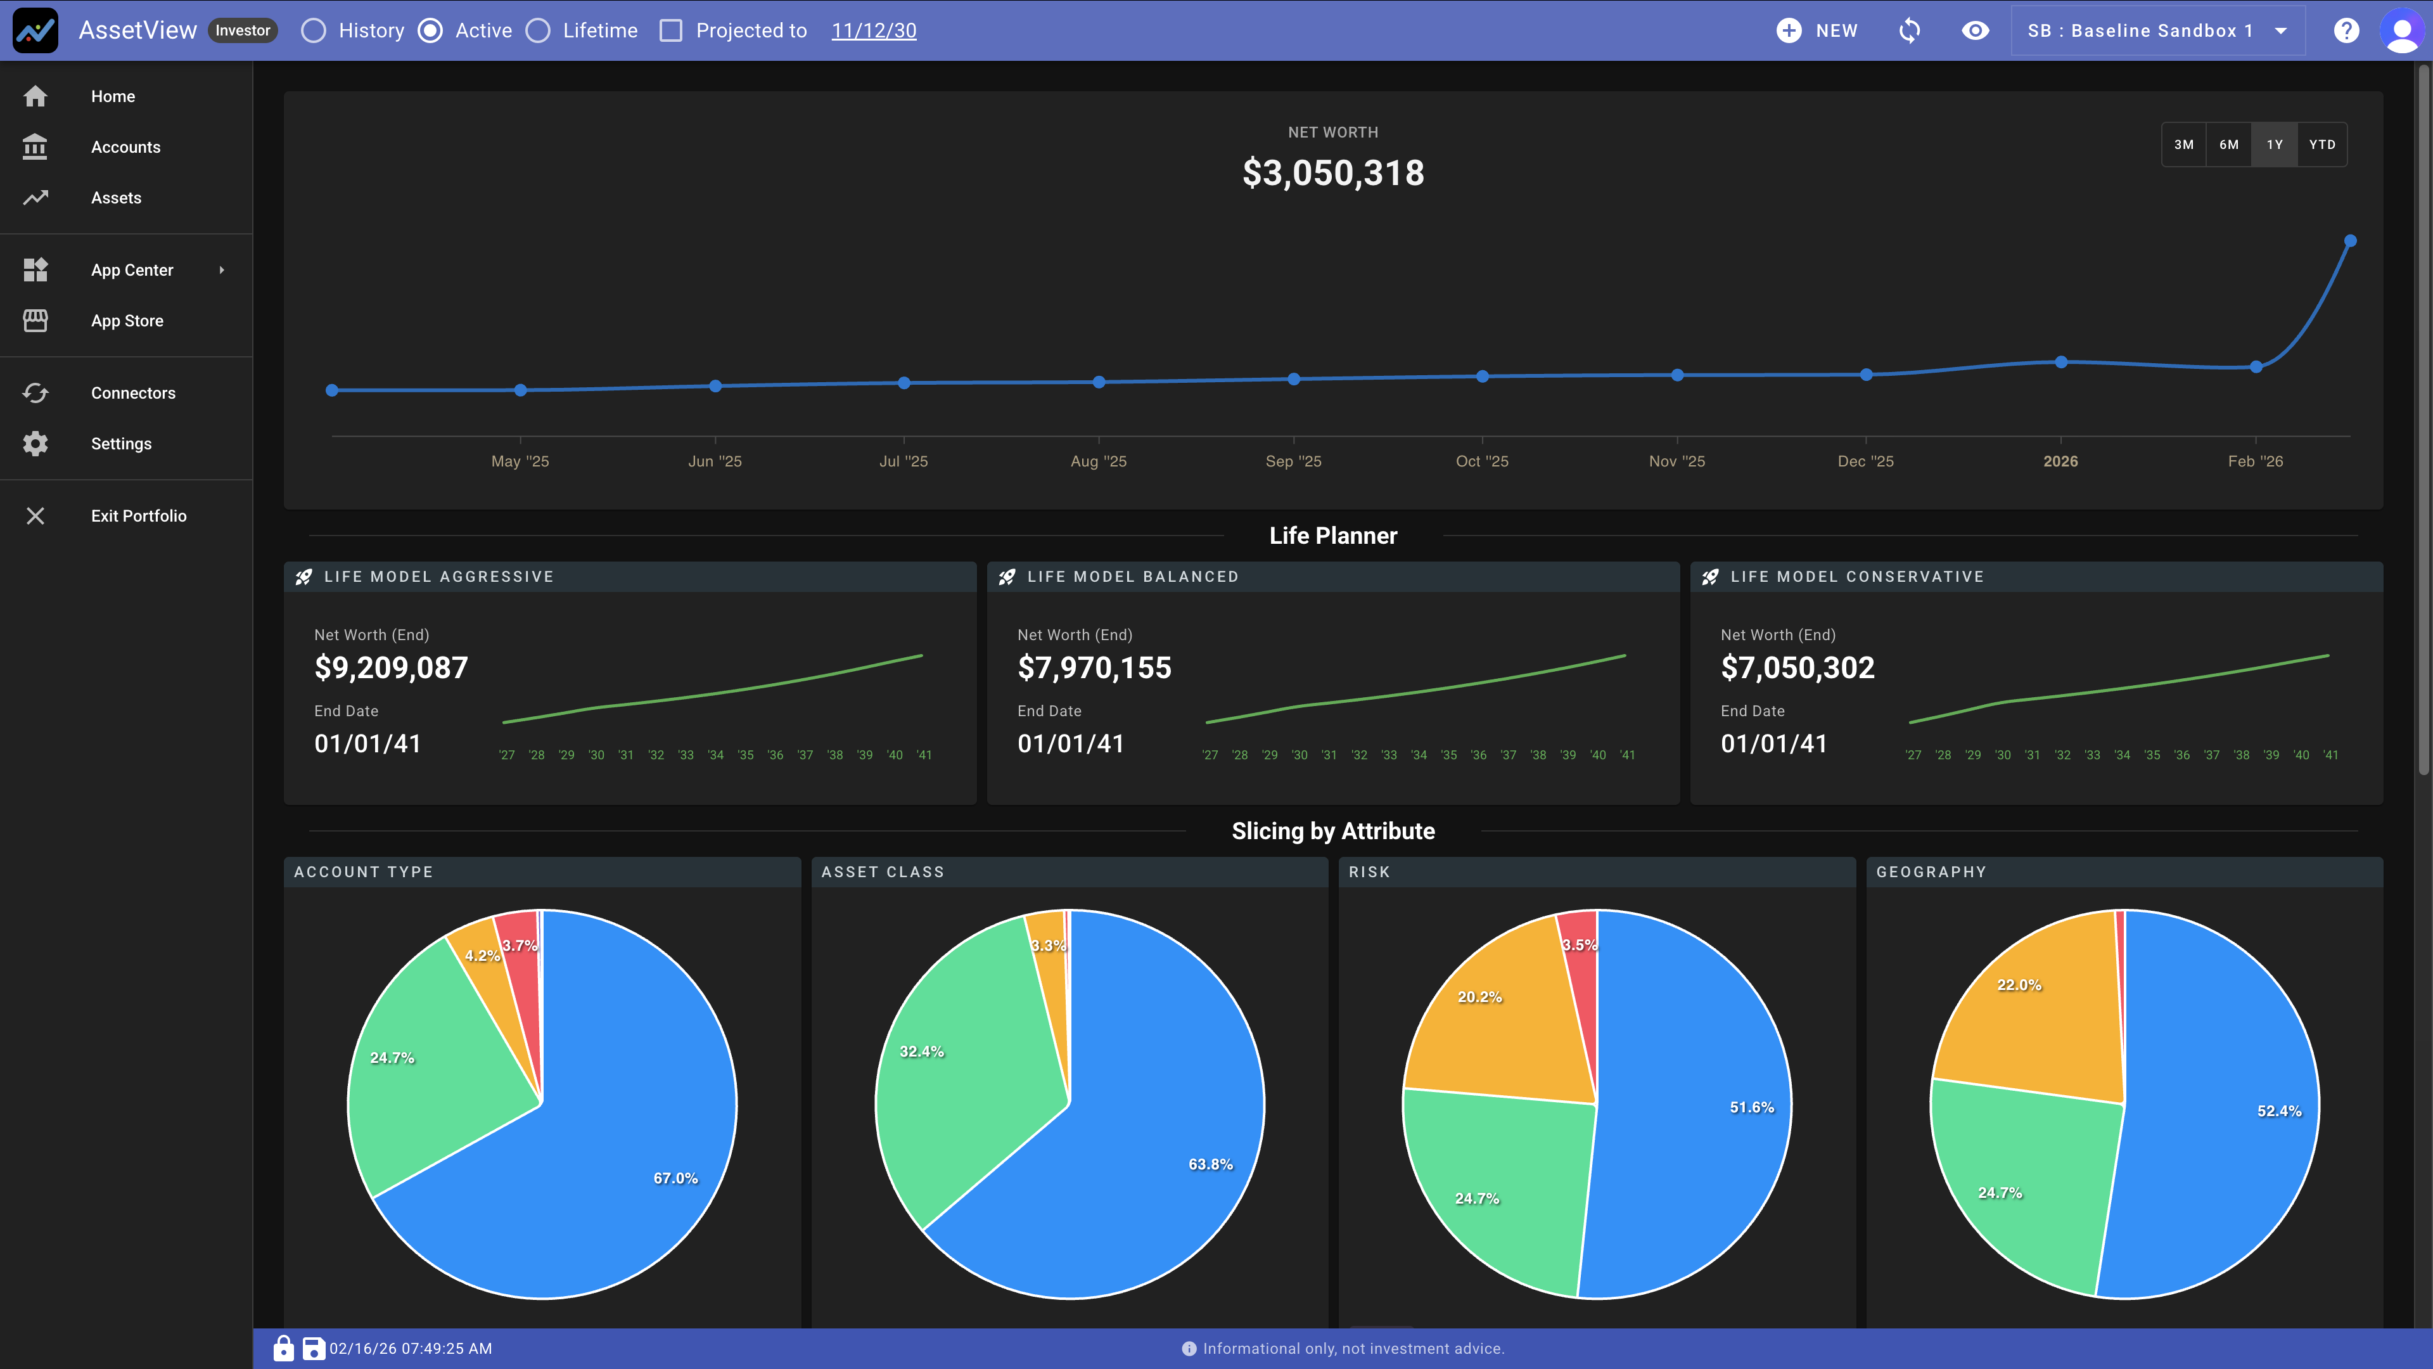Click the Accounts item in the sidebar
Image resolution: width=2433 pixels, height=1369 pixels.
(x=125, y=148)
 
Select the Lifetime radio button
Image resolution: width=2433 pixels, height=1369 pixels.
(x=539, y=31)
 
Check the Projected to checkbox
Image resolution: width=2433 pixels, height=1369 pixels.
(x=670, y=31)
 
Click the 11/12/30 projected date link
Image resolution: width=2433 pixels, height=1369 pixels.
(x=874, y=31)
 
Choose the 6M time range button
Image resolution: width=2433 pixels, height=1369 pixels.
(x=2229, y=145)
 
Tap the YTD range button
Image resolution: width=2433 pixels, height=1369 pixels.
(x=2321, y=145)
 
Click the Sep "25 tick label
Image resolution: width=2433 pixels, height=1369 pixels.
(x=1293, y=461)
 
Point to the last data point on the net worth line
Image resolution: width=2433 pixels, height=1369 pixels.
(x=2351, y=241)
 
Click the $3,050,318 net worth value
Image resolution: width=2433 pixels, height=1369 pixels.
(x=1332, y=173)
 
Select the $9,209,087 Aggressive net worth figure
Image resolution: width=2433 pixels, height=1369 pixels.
(x=391, y=668)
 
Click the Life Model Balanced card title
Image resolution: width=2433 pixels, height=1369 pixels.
(x=1132, y=576)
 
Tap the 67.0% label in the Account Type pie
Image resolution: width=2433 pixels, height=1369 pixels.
(x=675, y=1178)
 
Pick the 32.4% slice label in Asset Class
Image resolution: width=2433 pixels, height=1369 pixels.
(x=921, y=1051)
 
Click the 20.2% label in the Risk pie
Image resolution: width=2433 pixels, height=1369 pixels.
(x=1479, y=997)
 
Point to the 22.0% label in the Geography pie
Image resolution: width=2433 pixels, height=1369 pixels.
(x=2019, y=984)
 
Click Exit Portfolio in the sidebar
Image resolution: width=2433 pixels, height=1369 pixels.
(x=138, y=516)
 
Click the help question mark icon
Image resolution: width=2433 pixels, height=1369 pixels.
(x=2346, y=31)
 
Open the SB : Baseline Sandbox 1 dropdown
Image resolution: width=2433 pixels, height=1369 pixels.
(x=2157, y=31)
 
